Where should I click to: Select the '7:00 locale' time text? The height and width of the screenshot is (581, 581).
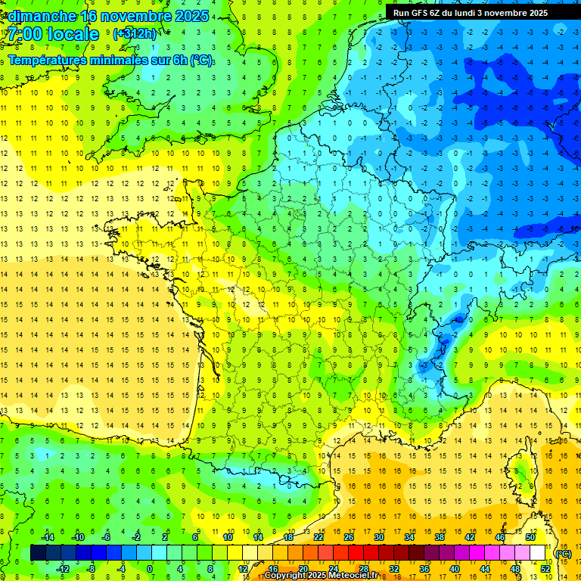coord(53,34)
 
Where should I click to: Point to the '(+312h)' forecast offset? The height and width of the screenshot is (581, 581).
coord(135,34)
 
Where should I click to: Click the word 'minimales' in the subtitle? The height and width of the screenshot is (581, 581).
coord(135,61)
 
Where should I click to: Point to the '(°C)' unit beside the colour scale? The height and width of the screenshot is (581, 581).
coord(563,553)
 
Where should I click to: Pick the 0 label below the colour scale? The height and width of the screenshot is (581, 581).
coord(150,568)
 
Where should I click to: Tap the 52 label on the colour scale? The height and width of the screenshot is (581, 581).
coord(545,568)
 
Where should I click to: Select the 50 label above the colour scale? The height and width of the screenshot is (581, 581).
coord(530,537)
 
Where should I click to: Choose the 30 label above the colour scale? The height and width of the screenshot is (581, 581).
coord(378,537)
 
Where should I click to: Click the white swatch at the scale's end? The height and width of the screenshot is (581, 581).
coord(537,553)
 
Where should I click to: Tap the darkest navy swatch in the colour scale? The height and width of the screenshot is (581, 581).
coord(38,553)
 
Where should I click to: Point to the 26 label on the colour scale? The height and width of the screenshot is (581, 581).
coord(348,537)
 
